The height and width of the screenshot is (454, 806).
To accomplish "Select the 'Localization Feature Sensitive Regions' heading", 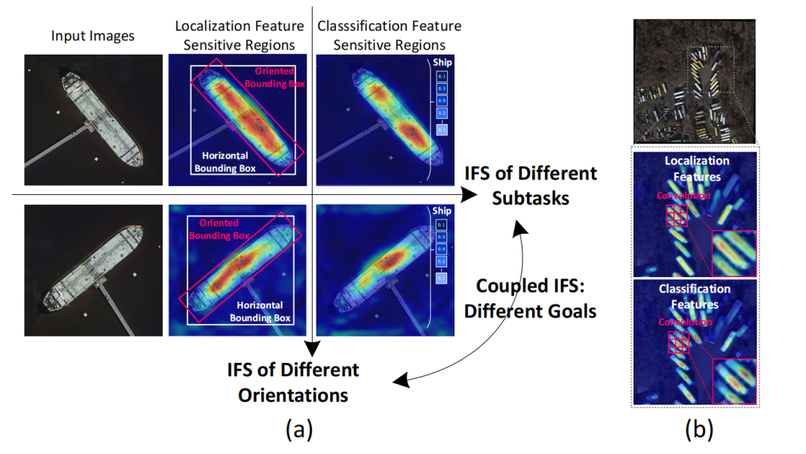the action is (x=236, y=35).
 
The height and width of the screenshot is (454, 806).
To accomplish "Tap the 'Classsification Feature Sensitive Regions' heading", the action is (x=390, y=35).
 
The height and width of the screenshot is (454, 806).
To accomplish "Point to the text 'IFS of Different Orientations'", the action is (x=293, y=382).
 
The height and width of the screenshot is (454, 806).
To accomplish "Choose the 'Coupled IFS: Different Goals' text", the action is (x=531, y=297).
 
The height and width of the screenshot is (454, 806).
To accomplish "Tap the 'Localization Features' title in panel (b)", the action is (x=696, y=169).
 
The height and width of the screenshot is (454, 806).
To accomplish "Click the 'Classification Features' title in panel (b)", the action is (x=696, y=296).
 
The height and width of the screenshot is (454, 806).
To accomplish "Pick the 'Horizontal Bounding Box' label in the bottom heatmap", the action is (x=260, y=311).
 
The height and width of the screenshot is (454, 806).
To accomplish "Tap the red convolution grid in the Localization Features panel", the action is (x=677, y=216).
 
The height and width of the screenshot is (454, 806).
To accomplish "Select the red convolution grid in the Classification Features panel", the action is (x=677, y=343).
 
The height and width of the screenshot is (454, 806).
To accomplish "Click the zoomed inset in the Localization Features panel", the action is (x=734, y=254).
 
